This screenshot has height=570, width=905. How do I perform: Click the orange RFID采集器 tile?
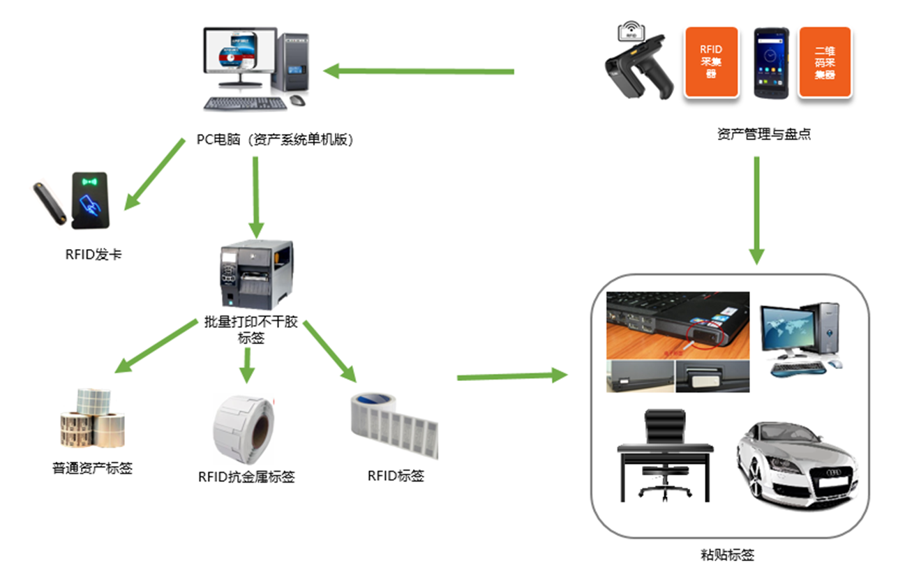click(x=711, y=62)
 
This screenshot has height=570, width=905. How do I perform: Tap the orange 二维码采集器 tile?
click(x=825, y=62)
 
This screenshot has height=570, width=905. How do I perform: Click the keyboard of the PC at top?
click(x=245, y=103)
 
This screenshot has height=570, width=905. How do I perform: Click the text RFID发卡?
click(x=94, y=255)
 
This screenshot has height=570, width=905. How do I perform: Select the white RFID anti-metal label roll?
click(x=244, y=426)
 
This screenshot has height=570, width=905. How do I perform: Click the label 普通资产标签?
click(x=92, y=468)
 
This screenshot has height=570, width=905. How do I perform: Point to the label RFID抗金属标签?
click(x=246, y=477)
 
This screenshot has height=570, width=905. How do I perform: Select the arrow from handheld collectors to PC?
click(x=419, y=70)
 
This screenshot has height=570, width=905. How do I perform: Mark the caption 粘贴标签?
click(x=727, y=555)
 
